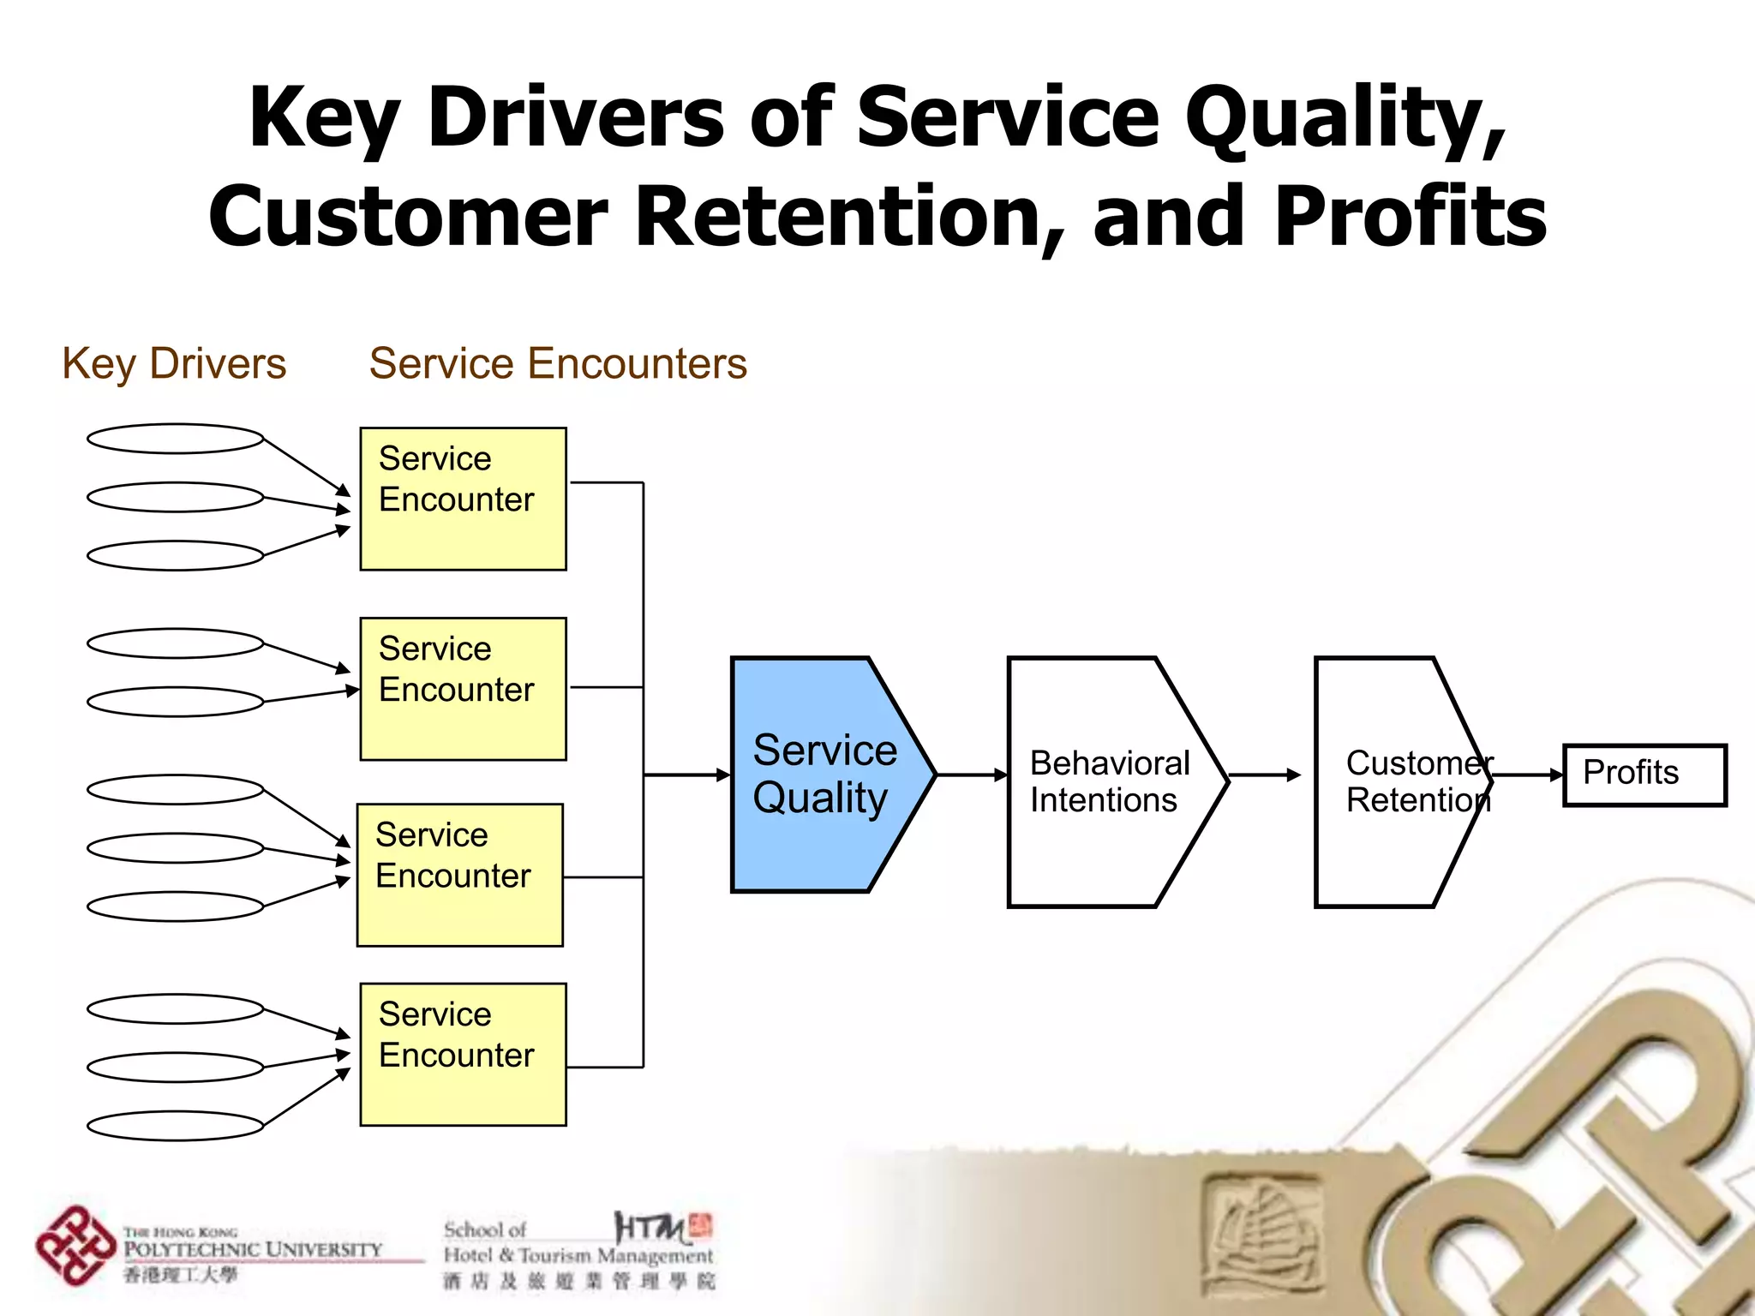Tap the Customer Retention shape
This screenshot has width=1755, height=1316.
coord(1397,781)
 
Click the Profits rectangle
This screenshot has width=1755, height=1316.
coord(1644,775)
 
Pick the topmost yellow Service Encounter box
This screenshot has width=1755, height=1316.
coord(463,499)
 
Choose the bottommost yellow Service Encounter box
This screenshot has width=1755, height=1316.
coord(463,1054)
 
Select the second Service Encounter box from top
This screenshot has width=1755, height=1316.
coord(463,689)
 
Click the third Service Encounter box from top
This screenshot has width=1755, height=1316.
coord(459,875)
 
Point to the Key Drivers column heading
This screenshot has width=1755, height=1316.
coord(174,363)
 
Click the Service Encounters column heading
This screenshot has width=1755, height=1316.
coord(558,363)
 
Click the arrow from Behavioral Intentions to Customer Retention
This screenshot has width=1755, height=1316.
coord(1265,775)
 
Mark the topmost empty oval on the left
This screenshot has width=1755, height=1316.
coord(175,439)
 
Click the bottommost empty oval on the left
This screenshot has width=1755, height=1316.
coord(175,1126)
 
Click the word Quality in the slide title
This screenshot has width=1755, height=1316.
coord(1345,120)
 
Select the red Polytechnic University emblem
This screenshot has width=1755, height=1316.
coord(75,1246)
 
